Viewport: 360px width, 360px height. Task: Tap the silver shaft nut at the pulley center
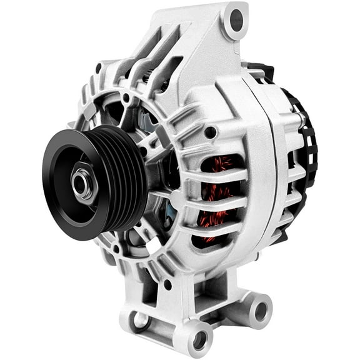pyautogui.click(x=80, y=182)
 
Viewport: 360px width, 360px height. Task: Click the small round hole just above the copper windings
pyautogui.click(x=211, y=132)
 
